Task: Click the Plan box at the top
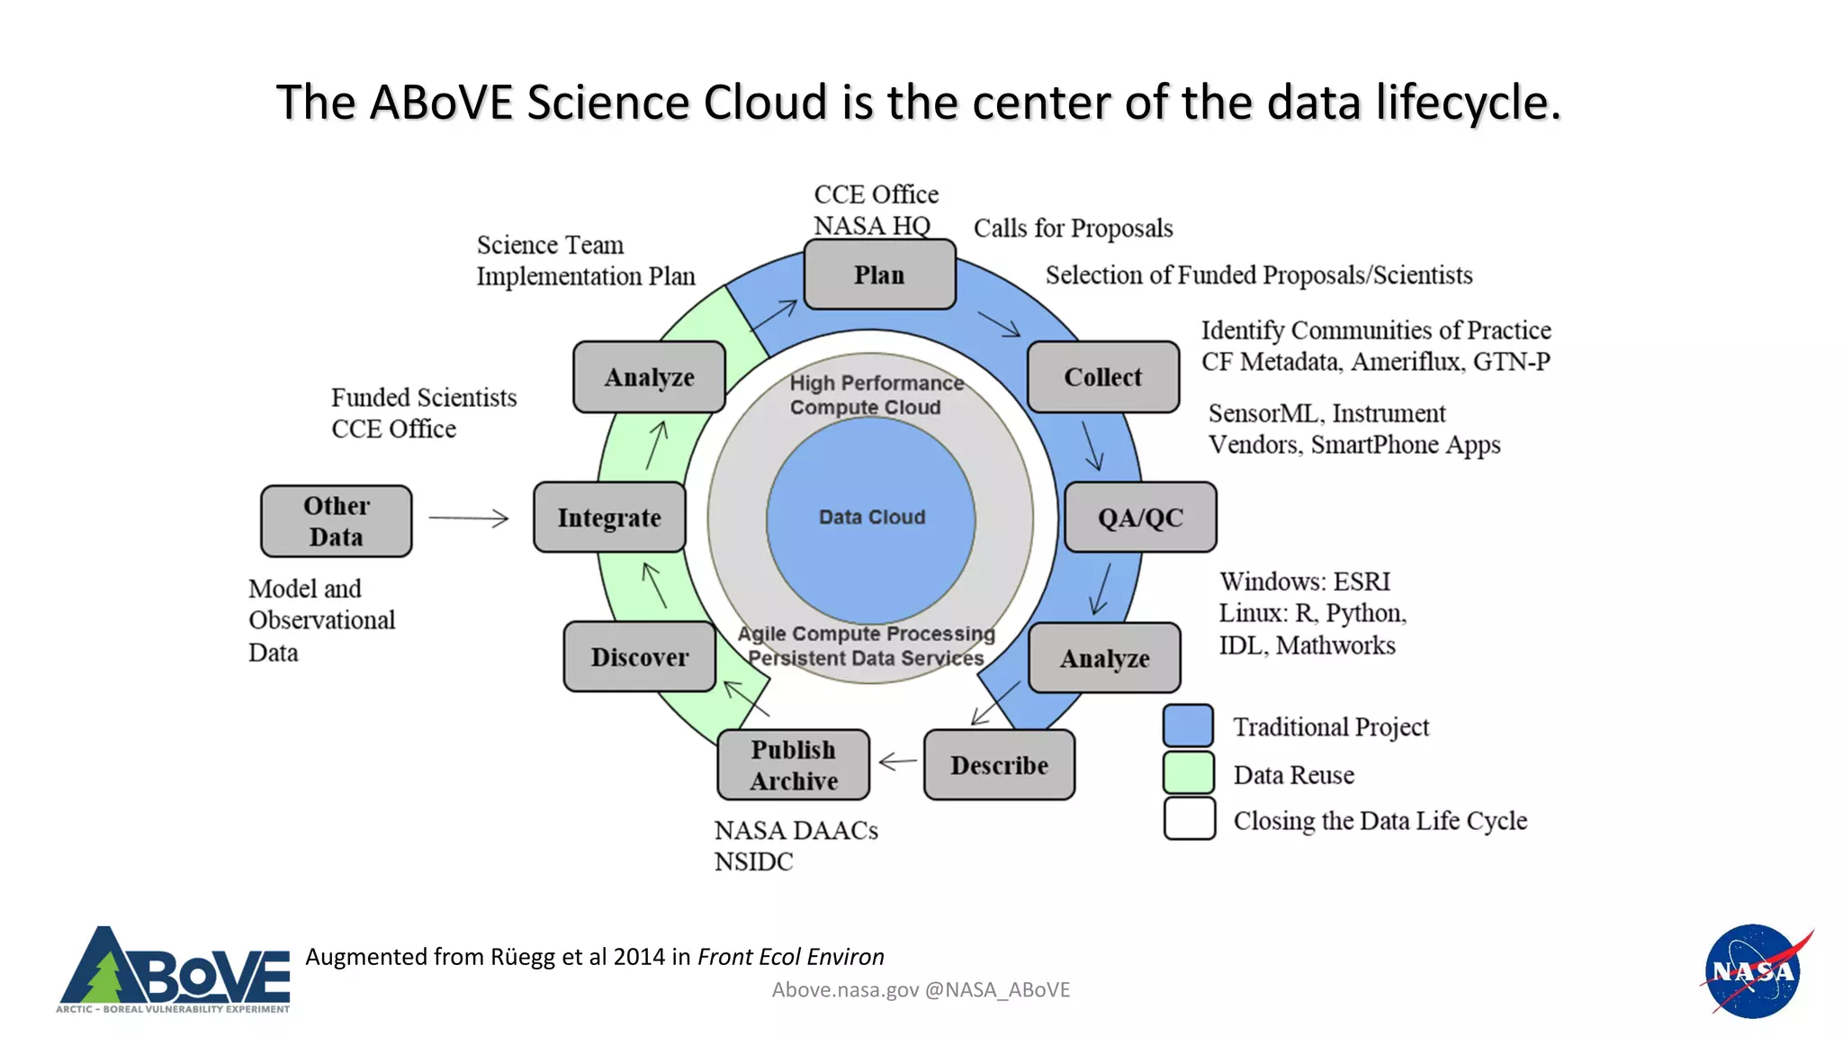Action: coord(879,275)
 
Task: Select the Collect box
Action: coord(1102,377)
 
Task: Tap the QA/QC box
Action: coord(1140,518)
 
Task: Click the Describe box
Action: coord(999,765)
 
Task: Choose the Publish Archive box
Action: coord(793,765)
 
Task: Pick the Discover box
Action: coord(639,657)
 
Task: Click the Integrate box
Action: coord(609,518)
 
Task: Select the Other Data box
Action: coord(336,521)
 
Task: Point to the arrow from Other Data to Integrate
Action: coord(468,518)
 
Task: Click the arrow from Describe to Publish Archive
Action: coord(897,762)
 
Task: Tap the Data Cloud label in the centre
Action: coord(871,518)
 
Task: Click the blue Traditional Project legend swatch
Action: coord(1188,726)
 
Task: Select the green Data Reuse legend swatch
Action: coord(1188,773)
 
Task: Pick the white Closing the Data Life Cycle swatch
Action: coord(1189,819)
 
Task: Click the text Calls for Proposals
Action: coord(1073,229)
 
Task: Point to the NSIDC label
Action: coord(753,861)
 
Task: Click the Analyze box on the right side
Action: coord(1104,658)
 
